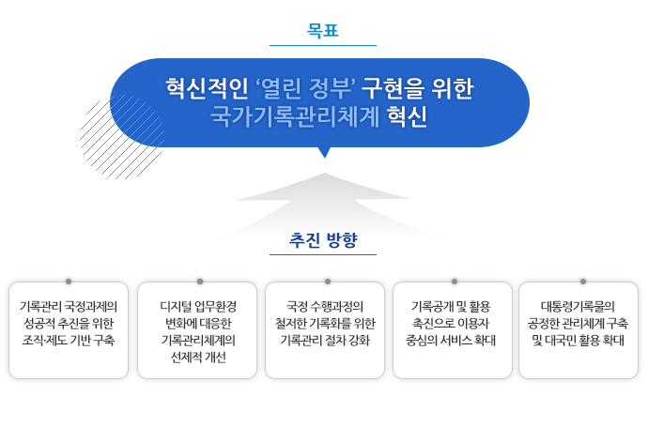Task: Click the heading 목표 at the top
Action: pos(322,30)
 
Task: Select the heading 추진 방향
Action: pos(323,239)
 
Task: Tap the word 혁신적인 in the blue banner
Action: pos(207,89)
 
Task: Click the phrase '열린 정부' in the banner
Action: pos(304,89)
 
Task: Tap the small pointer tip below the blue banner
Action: pos(324,152)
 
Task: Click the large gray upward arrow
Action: pos(324,192)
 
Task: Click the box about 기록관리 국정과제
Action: pos(69,329)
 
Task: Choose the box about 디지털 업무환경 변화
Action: pos(197,329)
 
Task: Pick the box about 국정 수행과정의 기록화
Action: pos(325,329)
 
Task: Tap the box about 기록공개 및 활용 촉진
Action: pos(452,329)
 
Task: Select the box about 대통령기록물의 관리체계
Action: pos(579,329)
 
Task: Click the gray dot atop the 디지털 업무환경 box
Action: pos(200,282)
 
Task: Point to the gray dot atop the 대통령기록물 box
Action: pos(582,282)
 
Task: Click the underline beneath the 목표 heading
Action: pos(322,45)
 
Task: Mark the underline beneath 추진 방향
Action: pos(322,254)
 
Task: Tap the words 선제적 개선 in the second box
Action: pos(198,358)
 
